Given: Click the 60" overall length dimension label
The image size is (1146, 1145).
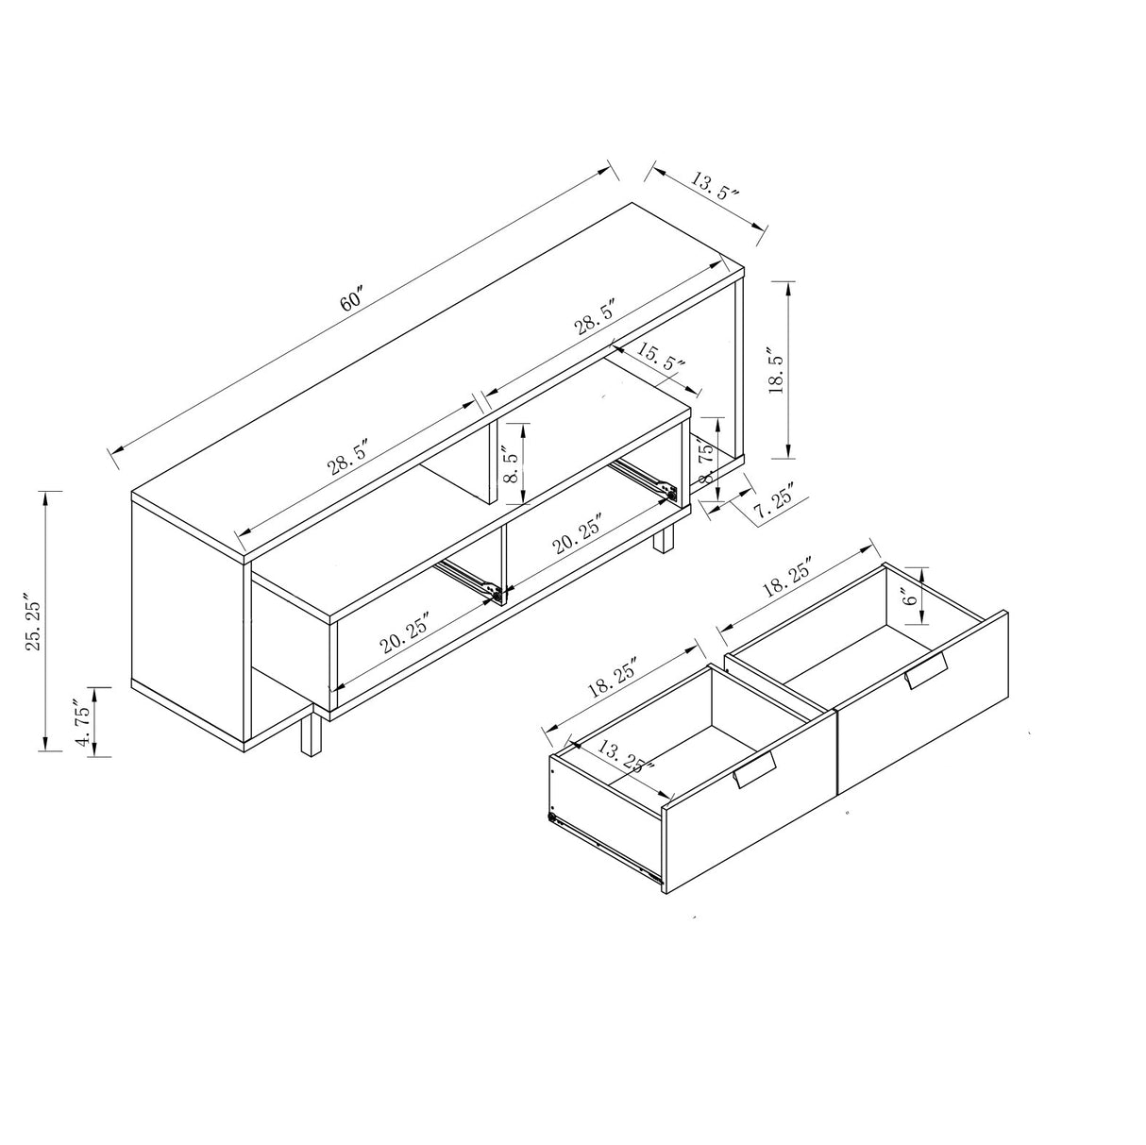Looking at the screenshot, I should (x=351, y=300).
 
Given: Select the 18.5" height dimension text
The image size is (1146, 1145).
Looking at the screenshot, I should (x=777, y=372).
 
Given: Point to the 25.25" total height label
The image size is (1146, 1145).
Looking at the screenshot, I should (x=34, y=623).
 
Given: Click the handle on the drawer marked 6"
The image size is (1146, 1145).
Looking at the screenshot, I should (x=925, y=671).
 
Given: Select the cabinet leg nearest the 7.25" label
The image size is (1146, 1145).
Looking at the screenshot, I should (x=666, y=540).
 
